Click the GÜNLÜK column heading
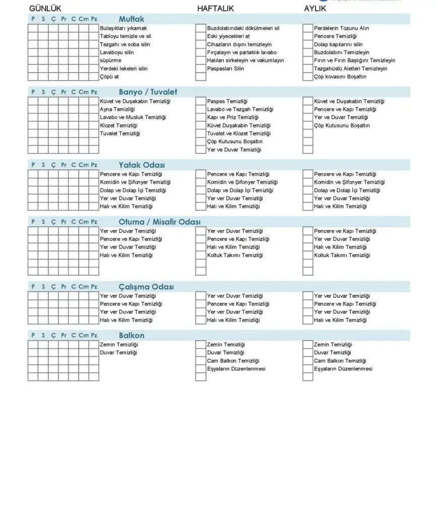point(45,9)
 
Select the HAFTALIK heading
point(215,9)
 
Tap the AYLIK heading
point(315,9)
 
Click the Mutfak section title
point(132,19)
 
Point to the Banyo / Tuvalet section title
point(148,92)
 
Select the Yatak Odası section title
point(142,165)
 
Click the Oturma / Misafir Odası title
point(160,222)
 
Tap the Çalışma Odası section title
point(146,287)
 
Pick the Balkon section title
point(132,335)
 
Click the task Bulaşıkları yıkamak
point(123,28)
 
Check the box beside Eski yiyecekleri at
point(201,36)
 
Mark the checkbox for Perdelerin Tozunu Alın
point(307,28)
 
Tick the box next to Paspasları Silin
point(201,69)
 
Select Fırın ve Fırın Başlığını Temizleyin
point(354,60)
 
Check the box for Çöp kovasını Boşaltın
point(307,77)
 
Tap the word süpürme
point(110,60)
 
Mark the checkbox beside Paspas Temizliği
point(201,101)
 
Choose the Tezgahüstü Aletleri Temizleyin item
point(350,69)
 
